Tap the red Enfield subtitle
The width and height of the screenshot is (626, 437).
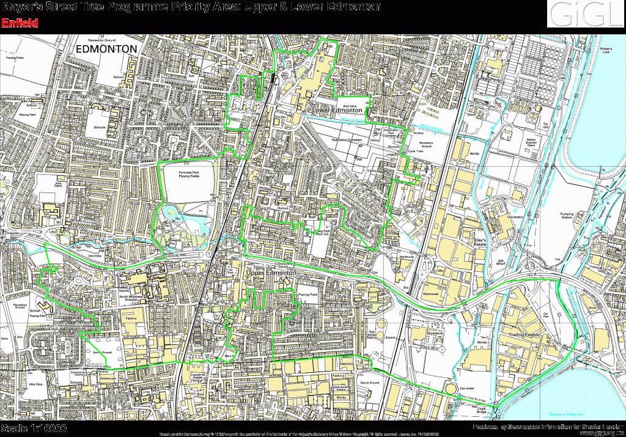[20, 23]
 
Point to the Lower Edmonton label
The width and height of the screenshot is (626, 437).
[337, 110]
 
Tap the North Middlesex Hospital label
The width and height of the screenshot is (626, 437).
[135, 299]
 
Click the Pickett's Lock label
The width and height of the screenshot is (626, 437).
[606, 50]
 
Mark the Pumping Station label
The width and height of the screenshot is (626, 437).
[567, 215]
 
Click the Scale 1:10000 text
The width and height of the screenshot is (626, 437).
[34, 428]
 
